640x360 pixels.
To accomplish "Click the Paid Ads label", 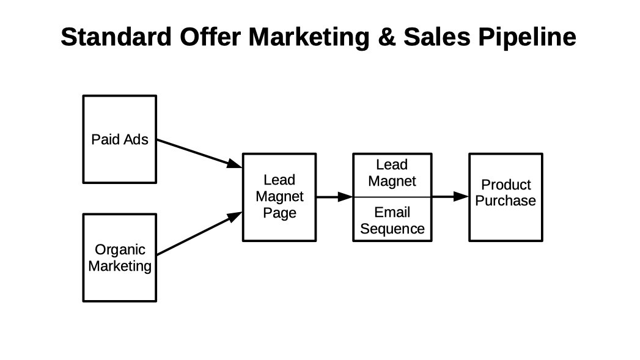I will (120, 139).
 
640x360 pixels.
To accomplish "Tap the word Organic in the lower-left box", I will (120, 250).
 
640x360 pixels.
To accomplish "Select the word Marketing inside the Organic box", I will (120, 266).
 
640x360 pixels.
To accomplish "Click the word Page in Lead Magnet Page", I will (279, 213).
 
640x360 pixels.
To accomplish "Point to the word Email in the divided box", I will (392, 213).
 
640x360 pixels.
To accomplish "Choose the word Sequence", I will (392, 229).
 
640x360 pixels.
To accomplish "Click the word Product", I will (506, 185).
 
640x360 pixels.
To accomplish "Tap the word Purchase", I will (506, 200).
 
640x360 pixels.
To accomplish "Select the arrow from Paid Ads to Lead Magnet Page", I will (199, 153).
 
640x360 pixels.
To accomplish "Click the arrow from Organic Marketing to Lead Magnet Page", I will (199, 233).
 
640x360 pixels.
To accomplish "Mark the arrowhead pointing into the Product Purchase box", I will (461, 197).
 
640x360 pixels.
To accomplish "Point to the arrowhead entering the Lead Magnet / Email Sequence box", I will (345, 197).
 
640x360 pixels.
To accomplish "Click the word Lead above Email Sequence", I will (392, 165).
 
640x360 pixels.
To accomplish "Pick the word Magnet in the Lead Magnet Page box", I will (279, 197).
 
